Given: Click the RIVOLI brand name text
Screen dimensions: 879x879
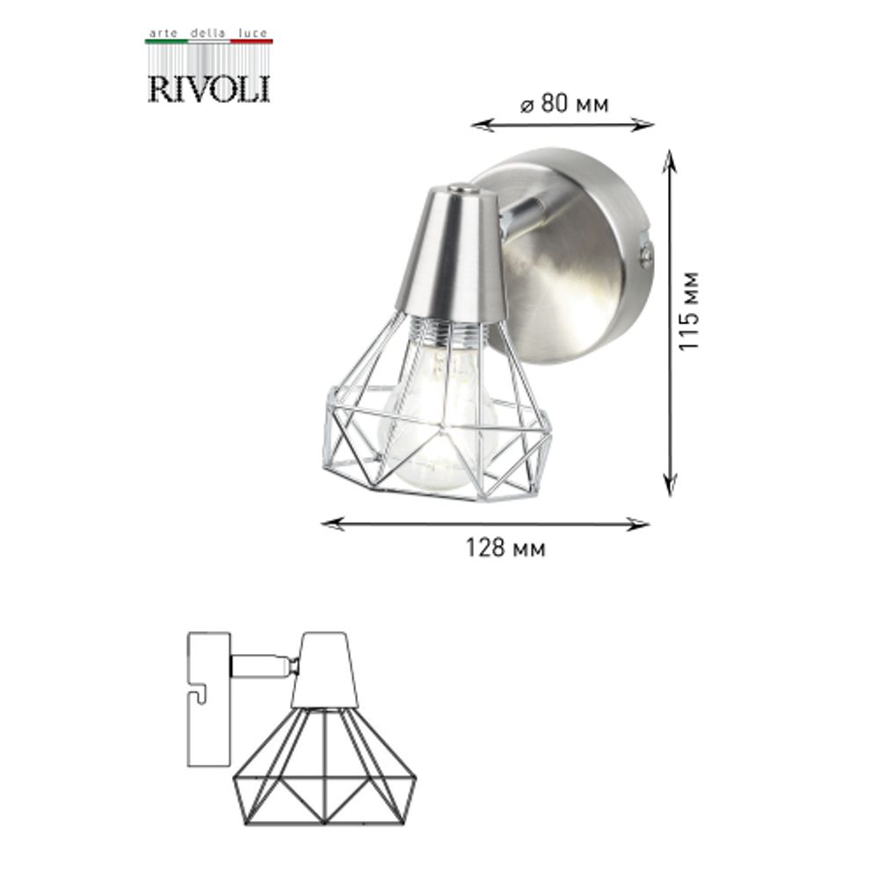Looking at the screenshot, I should tap(208, 89).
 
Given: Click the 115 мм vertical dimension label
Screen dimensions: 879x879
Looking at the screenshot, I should tap(690, 309).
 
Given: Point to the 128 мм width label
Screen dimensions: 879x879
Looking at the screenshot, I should tap(505, 549).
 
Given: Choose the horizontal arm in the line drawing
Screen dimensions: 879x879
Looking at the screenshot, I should tap(261, 666).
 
